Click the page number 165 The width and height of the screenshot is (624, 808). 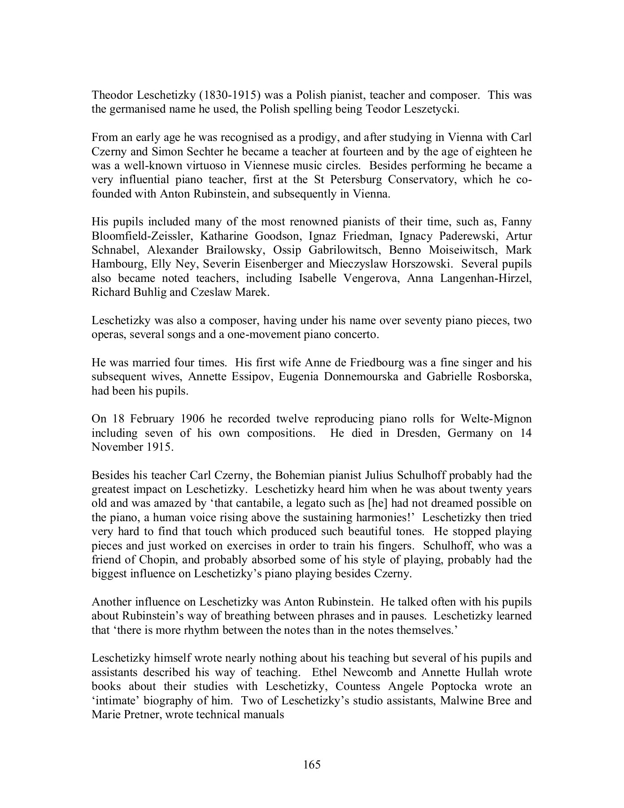pyautogui.click(x=312, y=764)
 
